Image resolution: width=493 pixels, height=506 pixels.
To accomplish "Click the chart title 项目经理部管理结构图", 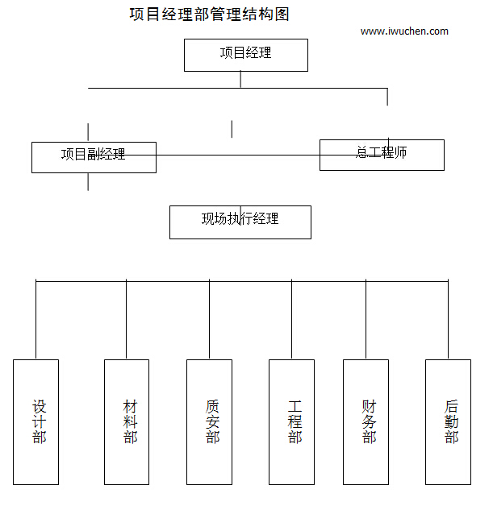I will (x=209, y=15).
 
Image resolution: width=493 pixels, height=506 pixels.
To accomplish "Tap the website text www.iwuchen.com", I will (x=404, y=31).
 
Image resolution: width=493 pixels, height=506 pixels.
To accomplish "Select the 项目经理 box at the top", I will (x=246, y=55).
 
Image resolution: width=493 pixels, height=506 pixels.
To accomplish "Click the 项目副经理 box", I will (x=94, y=156).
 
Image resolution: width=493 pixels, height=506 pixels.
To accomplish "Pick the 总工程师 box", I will (x=382, y=154).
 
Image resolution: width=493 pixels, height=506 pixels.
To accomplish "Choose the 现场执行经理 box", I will (x=240, y=222).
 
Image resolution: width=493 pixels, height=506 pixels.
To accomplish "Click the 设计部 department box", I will (x=36, y=421).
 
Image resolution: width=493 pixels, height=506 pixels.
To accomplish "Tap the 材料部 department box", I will (x=127, y=421).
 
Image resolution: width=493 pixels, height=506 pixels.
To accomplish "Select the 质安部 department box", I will (x=209, y=421).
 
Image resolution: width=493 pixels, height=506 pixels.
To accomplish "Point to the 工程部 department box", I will (x=291, y=421).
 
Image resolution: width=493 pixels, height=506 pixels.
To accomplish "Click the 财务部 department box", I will (x=366, y=421).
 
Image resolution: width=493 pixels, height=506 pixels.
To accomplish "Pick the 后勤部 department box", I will (x=448, y=421).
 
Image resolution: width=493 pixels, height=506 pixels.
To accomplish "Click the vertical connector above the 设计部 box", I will (x=36, y=320).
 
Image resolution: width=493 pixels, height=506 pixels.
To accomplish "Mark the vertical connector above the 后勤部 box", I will (x=448, y=320).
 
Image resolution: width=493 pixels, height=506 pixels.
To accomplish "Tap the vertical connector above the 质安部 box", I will (x=209, y=320).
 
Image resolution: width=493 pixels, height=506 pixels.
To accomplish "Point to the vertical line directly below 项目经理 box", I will (x=240, y=80).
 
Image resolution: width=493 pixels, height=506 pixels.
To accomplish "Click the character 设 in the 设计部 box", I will (x=40, y=406).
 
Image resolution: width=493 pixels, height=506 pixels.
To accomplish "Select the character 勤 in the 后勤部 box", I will (x=451, y=421).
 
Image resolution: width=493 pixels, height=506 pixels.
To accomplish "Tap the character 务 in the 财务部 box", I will (x=369, y=421).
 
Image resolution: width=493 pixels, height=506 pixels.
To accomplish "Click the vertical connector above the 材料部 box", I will (x=127, y=320).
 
